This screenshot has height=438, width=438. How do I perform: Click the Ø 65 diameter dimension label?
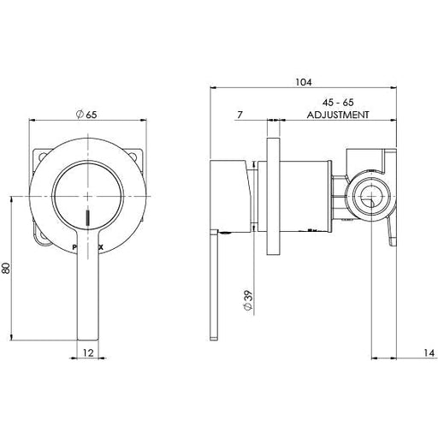[88, 115]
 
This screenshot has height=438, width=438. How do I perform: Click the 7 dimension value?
[242, 114]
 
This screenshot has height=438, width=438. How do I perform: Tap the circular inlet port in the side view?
[370, 197]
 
